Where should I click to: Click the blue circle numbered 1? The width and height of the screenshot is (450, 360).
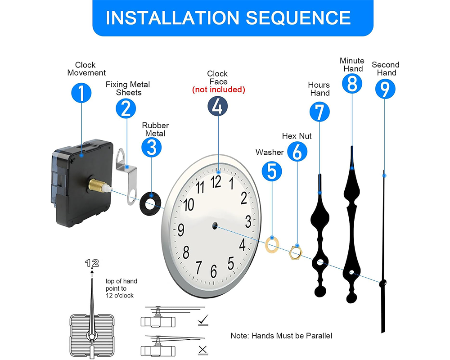[x=81, y=93]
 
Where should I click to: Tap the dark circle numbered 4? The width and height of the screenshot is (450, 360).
[x=217, y=107]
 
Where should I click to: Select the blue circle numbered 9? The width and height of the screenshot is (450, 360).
[x=385, y=89]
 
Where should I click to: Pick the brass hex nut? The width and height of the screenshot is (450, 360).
[x=295, y=252]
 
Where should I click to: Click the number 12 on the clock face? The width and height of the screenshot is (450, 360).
[x=216, y=181]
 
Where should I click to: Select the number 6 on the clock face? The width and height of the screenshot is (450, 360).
[x=214, y=271]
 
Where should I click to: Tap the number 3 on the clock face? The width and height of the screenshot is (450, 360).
[x=248, y=221]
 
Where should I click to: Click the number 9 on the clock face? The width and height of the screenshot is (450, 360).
[x=181, y=230]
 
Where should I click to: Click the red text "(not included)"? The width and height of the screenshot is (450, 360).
[x=219, y=90]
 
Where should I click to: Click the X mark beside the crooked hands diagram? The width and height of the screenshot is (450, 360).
[x=203, y=349]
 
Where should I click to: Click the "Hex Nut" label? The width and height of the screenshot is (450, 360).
[x=297, y=135]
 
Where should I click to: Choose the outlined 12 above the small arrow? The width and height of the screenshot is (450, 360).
[x=92, y=263]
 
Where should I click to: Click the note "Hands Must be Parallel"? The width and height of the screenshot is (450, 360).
[x=281, y=336]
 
